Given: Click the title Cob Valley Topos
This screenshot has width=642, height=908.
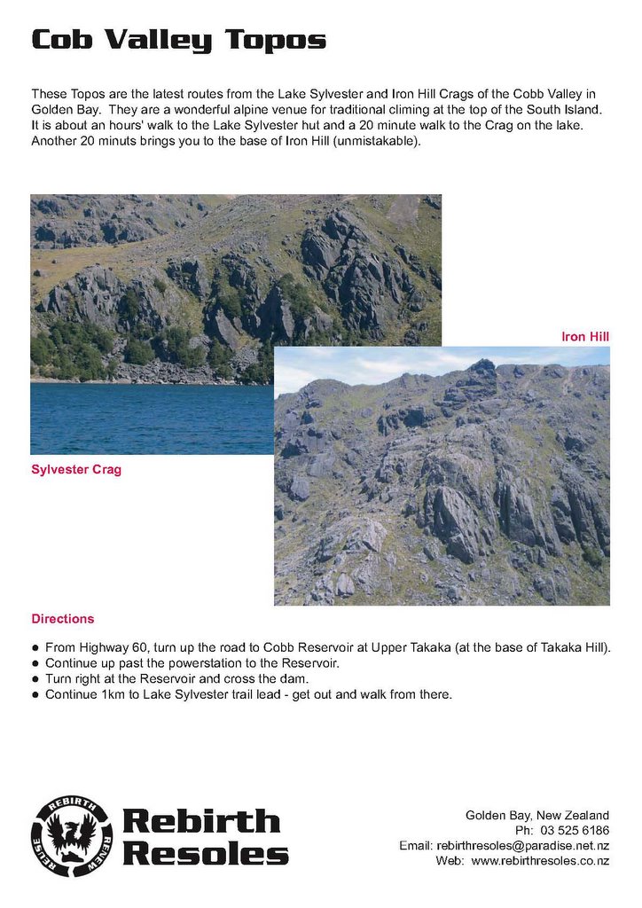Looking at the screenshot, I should click(x=178, y=40).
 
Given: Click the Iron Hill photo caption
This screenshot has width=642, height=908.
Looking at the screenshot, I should click(x=585, y=337).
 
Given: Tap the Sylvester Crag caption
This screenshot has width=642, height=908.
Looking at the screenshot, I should click(x=76, y=470).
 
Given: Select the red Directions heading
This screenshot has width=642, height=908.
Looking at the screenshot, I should click(x=62, y=619).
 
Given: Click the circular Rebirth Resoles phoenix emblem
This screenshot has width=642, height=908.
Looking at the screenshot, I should click(x=72, y=836).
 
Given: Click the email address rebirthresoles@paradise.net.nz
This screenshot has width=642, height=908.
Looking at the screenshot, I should click(x=523, y=846).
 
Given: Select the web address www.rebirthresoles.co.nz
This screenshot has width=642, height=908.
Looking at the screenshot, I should click(x=540, y=861).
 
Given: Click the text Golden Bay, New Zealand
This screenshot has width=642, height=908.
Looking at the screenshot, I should click(x=537, y=816).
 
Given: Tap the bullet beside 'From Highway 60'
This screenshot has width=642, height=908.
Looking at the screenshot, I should click(x=35, y=648).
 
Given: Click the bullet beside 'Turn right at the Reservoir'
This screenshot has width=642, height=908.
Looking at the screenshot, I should click(x=35, y=679).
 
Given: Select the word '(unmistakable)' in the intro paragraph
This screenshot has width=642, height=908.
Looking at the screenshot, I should click(x=376, y=142).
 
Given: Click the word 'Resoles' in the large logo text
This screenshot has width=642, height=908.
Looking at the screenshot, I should click(x=205, y=853).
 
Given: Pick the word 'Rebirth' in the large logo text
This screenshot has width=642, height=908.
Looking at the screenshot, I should click(x=200, y=821).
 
